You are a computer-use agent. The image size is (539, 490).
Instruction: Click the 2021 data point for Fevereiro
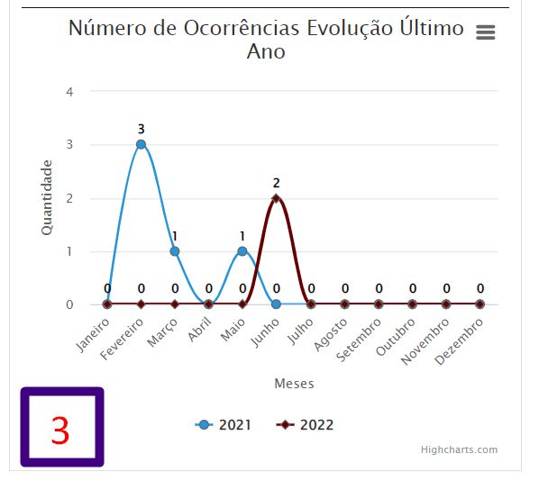[x=141, y=144]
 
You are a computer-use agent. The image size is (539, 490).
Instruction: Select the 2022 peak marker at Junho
[x=276, y=198]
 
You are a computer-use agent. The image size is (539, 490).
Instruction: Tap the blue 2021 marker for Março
[x=175, y=251]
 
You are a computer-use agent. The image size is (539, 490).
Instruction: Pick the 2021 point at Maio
[x=242, y=251]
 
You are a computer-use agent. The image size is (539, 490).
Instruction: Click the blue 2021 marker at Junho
[x=276, y=304]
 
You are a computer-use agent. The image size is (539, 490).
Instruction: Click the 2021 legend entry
[x=223, y=425]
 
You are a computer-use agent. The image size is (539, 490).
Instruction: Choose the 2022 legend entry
[x=305, y=425]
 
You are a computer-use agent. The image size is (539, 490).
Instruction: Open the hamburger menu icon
[x=486, y=32]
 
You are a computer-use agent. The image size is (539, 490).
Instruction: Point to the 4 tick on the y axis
[x=69, y=92]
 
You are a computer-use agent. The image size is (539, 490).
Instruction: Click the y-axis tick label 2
[x=69, y=198]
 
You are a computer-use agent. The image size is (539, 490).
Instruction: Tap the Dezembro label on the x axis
[x=460, y=341]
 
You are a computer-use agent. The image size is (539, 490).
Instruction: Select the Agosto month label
[x=331, y=335]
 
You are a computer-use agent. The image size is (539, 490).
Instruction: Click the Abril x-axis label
[x=200, y=330]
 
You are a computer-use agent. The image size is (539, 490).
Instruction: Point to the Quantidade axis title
[x=46, y=197]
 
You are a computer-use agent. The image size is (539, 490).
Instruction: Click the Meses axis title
[x=294, y=384]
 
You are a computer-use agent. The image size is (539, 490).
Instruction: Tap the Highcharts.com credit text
[x=460, y=449]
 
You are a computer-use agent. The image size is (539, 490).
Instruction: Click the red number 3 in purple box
[x=60, y=430]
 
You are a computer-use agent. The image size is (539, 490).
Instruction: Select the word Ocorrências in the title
[x=242, y=28]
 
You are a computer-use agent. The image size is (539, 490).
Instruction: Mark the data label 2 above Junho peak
[x=277, y=183]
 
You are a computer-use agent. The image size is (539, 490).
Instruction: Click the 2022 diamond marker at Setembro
[x=379, y=304]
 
